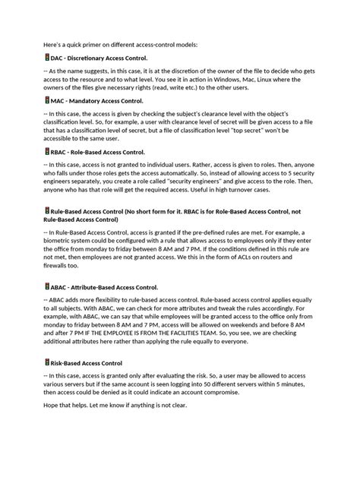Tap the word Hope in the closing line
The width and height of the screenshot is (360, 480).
click(x=52, y=406)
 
